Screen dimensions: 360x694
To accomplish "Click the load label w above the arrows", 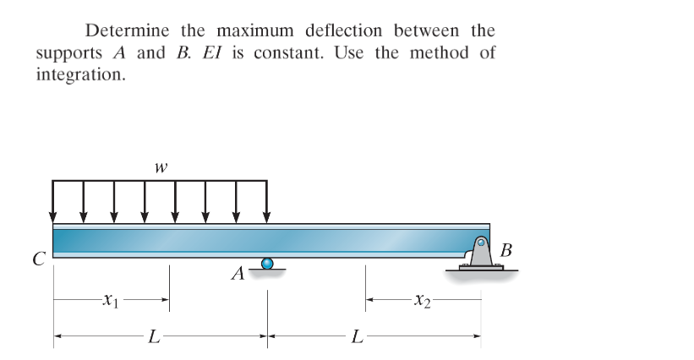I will coord(159,167).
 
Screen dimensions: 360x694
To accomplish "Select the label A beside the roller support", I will coord(239,274).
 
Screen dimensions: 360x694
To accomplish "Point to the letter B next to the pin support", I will coord(505,251).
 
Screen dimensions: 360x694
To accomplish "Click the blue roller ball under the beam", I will coord(268,264).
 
